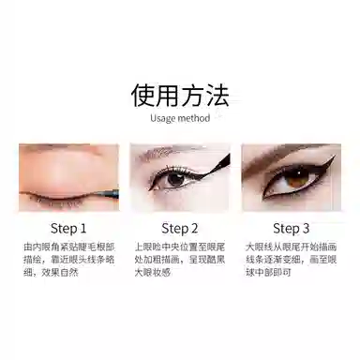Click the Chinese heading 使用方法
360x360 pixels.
coord(180,96)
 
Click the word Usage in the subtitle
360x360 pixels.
coord(165,119)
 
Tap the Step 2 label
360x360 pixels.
coord(179,228)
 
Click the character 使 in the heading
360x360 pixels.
coord(143,96)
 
